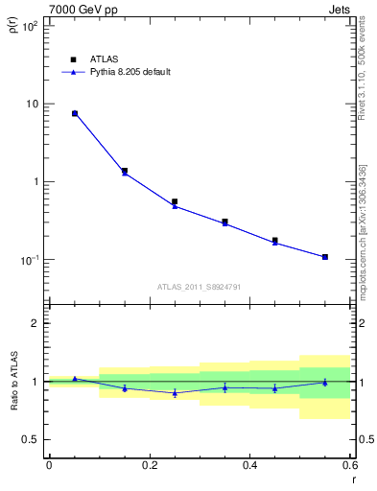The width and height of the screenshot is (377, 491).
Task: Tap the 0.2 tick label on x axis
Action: [150, 465]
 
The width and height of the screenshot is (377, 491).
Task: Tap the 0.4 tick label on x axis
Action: [250, 465]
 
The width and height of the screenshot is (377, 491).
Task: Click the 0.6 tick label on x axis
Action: [349, 465]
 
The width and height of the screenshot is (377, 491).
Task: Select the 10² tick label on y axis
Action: [29, 26]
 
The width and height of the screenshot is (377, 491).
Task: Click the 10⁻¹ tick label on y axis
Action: [29, 260]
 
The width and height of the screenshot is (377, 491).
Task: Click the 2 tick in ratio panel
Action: [35, 323]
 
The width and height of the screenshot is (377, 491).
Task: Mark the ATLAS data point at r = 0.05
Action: [75, 113]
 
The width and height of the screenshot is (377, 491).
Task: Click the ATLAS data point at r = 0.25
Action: [175, 202]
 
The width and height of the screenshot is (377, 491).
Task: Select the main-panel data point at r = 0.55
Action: [325, 257]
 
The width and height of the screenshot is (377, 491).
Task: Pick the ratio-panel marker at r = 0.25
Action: [175, 393]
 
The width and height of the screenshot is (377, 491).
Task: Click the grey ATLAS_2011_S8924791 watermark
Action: [200, 286]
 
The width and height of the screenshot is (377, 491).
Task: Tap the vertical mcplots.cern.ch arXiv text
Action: [363, 230]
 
